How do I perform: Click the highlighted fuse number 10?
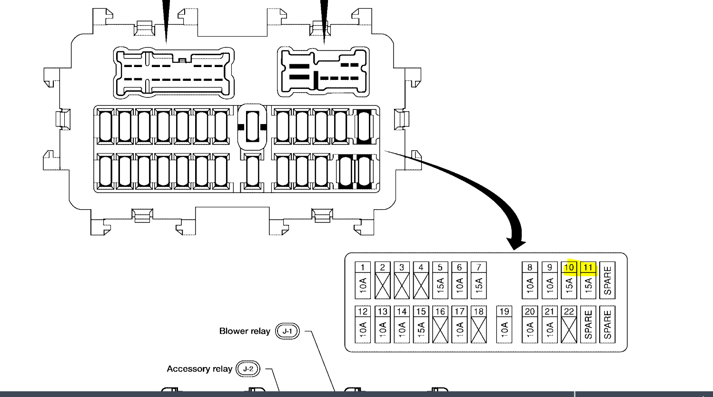click(569, 268)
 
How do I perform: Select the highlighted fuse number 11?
click(588, 268)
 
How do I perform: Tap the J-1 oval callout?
click(287, 331)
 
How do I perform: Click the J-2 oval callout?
click(248, 369)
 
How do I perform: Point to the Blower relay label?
click(245, 331)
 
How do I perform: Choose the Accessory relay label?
click(199, 369)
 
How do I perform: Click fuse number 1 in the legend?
click(363, 268)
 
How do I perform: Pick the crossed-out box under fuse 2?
click(382, 285)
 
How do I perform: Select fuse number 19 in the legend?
click(504, 311)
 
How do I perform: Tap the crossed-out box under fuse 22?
click(569, 329)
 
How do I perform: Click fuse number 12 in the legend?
click(363, 311)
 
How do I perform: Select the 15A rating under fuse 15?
click(421, 329)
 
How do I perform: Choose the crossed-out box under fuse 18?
click(478, 329)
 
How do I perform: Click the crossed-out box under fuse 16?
click(440, 329)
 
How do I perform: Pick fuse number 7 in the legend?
click(478, 268)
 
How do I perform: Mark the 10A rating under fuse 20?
click(530, 329)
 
